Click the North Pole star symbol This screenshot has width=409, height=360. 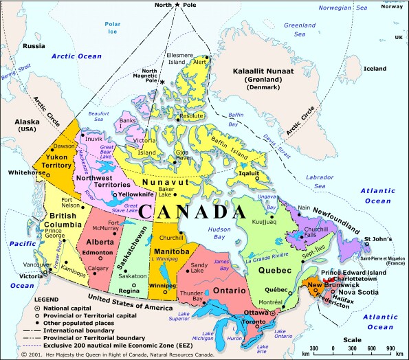pos(177,5)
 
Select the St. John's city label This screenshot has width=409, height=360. pos(377,240)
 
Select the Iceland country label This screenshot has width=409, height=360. pos(375,69)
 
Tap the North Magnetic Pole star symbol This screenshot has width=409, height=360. pos(162,82)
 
